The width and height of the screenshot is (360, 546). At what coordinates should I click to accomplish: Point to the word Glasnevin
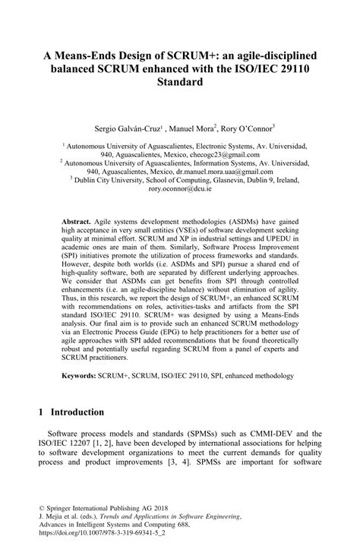point(227,181)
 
